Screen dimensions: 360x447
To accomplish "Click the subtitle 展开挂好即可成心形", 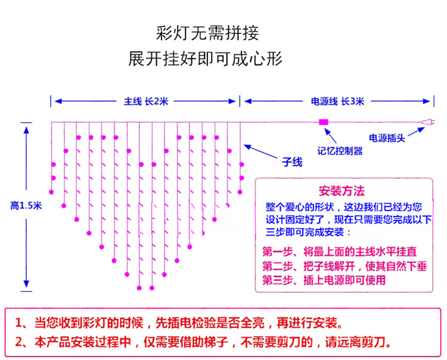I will (204, 59).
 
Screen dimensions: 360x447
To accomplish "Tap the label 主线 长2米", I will (146, 101).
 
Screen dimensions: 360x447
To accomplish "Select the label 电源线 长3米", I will (337, 101).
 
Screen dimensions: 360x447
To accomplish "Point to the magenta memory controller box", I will (324, 122).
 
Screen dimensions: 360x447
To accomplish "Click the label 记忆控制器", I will (339, 151).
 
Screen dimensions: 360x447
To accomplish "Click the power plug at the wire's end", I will (426, 123).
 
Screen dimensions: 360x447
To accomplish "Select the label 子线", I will (292, 162).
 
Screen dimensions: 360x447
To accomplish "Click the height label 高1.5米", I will (26, 206).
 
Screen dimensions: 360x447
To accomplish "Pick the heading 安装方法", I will (342, 191).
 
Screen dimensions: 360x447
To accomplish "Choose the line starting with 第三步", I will (324, 280).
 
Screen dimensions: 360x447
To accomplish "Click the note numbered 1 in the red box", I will (179, 324).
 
